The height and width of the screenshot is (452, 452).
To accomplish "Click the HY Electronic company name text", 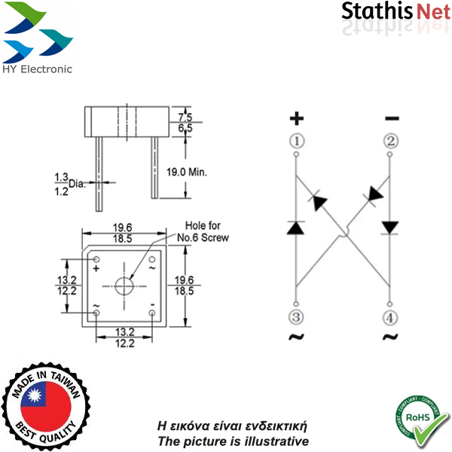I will (38, 69).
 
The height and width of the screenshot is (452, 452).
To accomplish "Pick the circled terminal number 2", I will (391, 141).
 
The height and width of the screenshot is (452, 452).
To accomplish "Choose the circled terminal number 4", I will (391, 316).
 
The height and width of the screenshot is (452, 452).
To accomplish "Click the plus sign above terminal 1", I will (297, 118).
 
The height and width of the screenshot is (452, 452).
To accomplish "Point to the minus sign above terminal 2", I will (392, 118).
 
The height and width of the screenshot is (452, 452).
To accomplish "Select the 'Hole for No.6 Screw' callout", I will (203, 231).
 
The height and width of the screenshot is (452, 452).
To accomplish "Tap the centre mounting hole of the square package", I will (124, 286).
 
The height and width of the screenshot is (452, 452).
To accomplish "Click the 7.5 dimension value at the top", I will (186, 117).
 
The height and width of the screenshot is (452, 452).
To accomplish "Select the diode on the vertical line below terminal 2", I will (390, 227).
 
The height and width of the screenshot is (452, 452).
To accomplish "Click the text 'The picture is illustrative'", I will (233, 441).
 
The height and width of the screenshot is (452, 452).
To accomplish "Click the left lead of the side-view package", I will (99, 173).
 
